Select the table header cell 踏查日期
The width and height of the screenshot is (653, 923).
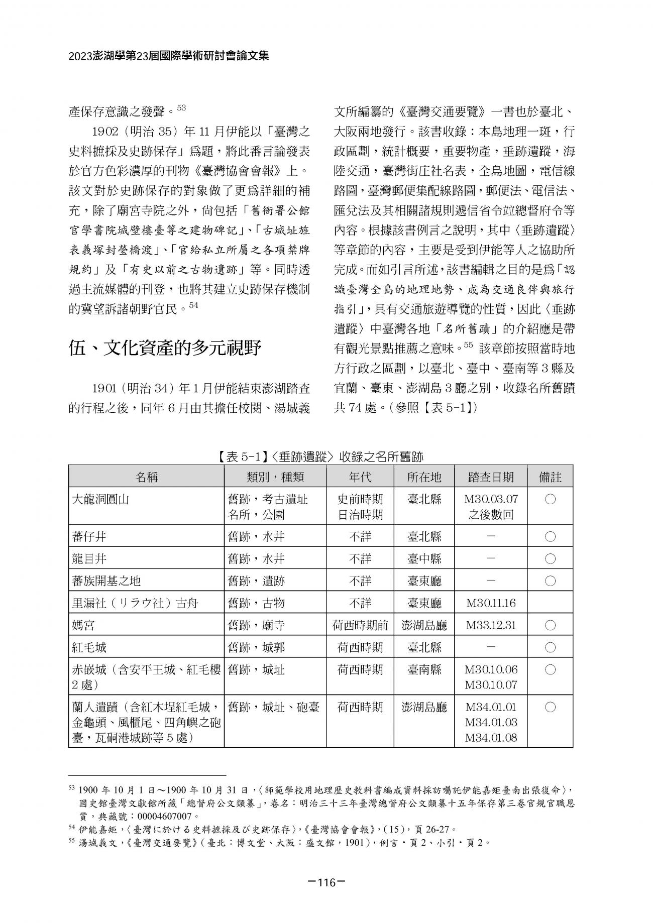click(491, 477)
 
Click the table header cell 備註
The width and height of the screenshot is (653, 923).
click(550, 477)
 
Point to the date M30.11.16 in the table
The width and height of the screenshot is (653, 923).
click(491, 603)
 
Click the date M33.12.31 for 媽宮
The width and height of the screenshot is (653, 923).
click(491, 625)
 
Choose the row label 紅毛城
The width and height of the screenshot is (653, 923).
click(89, 647)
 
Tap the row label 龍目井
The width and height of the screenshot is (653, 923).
click(89, 559)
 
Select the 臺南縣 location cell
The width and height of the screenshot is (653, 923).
click(424, 669)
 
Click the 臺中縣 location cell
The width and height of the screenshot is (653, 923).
click(424, 559)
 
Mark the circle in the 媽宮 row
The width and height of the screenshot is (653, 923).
click(550, 625)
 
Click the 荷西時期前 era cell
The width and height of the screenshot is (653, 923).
click(360, 625)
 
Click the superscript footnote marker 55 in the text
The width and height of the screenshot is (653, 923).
click(468, 345)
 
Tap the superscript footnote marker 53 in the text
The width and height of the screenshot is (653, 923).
click(181, 107)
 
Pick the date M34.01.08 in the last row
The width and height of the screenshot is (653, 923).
click(491, 738)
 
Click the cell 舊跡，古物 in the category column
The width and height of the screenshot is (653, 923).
click(256, 603)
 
